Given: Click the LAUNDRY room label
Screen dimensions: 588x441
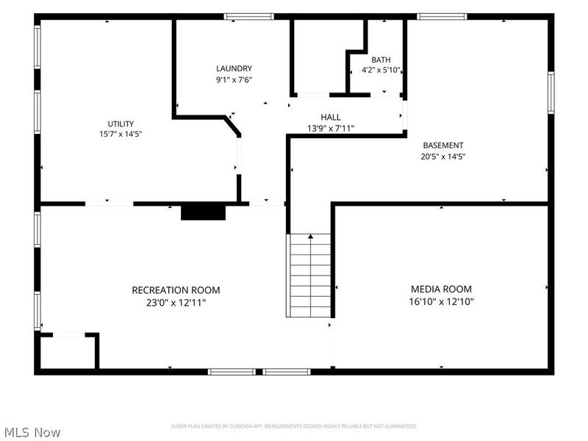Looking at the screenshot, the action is coord(234,68).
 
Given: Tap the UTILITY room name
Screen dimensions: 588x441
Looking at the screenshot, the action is coord(121,124).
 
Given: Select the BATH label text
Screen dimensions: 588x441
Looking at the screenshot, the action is coord(381,60).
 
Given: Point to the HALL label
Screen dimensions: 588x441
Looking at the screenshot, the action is coord(331,117).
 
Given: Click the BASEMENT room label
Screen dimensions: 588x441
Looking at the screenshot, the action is coord(443,145).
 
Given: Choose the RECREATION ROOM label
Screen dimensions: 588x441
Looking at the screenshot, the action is coord(176,290).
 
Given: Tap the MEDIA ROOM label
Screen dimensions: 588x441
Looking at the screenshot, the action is coord(442,289).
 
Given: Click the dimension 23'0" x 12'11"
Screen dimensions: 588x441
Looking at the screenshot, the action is coord(176,303).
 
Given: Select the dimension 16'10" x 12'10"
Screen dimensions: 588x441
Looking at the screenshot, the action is coord(442,301).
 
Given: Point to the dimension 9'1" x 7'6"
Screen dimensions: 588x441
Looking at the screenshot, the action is coord(234,80).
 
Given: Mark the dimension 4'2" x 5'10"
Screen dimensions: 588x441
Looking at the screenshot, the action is coord(381,70).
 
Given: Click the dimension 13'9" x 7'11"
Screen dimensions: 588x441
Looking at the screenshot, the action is coord(331,128).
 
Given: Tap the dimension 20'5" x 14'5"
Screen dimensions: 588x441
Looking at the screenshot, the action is coord(443,157).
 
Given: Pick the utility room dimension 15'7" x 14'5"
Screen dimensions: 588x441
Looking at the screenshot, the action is coord(121,134).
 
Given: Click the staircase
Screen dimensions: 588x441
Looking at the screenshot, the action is coord(309,276).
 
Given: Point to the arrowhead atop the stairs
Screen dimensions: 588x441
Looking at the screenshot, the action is coord(310,236).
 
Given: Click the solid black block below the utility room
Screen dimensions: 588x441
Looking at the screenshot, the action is coord(204,212).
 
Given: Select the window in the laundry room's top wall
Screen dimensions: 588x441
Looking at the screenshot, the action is coord(249,16).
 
